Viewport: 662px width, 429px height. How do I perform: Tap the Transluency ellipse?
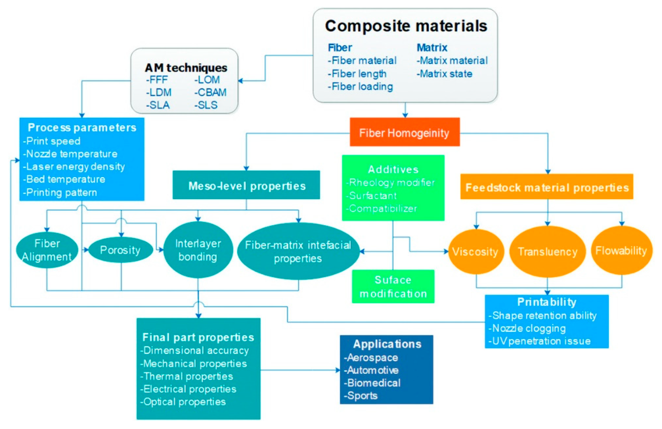point(547,252)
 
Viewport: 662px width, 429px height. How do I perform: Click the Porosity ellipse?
point(120,250)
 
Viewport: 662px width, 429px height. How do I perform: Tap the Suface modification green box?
point(393,286)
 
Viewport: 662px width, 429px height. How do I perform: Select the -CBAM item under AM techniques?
point(211,92)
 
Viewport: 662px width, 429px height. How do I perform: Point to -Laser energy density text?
point(74,166)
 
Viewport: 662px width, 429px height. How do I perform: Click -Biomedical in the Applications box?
point(373,383)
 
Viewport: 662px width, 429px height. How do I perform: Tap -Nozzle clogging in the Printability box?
point(527,328)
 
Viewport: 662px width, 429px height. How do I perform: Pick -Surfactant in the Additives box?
point(371,196)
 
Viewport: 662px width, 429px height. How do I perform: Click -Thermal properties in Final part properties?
point(187,376)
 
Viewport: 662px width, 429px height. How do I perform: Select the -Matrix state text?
point(445,74)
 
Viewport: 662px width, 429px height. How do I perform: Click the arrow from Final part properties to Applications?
point(300,370)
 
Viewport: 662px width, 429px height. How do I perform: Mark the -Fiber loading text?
point(360,86)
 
